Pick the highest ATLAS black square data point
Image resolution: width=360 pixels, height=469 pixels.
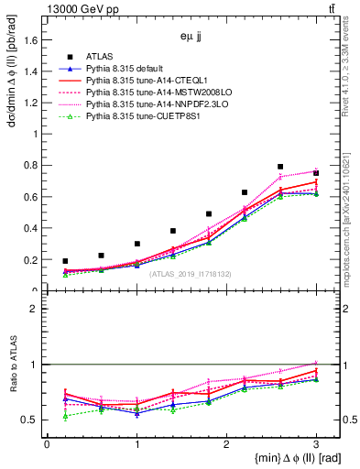pos(280,167)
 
